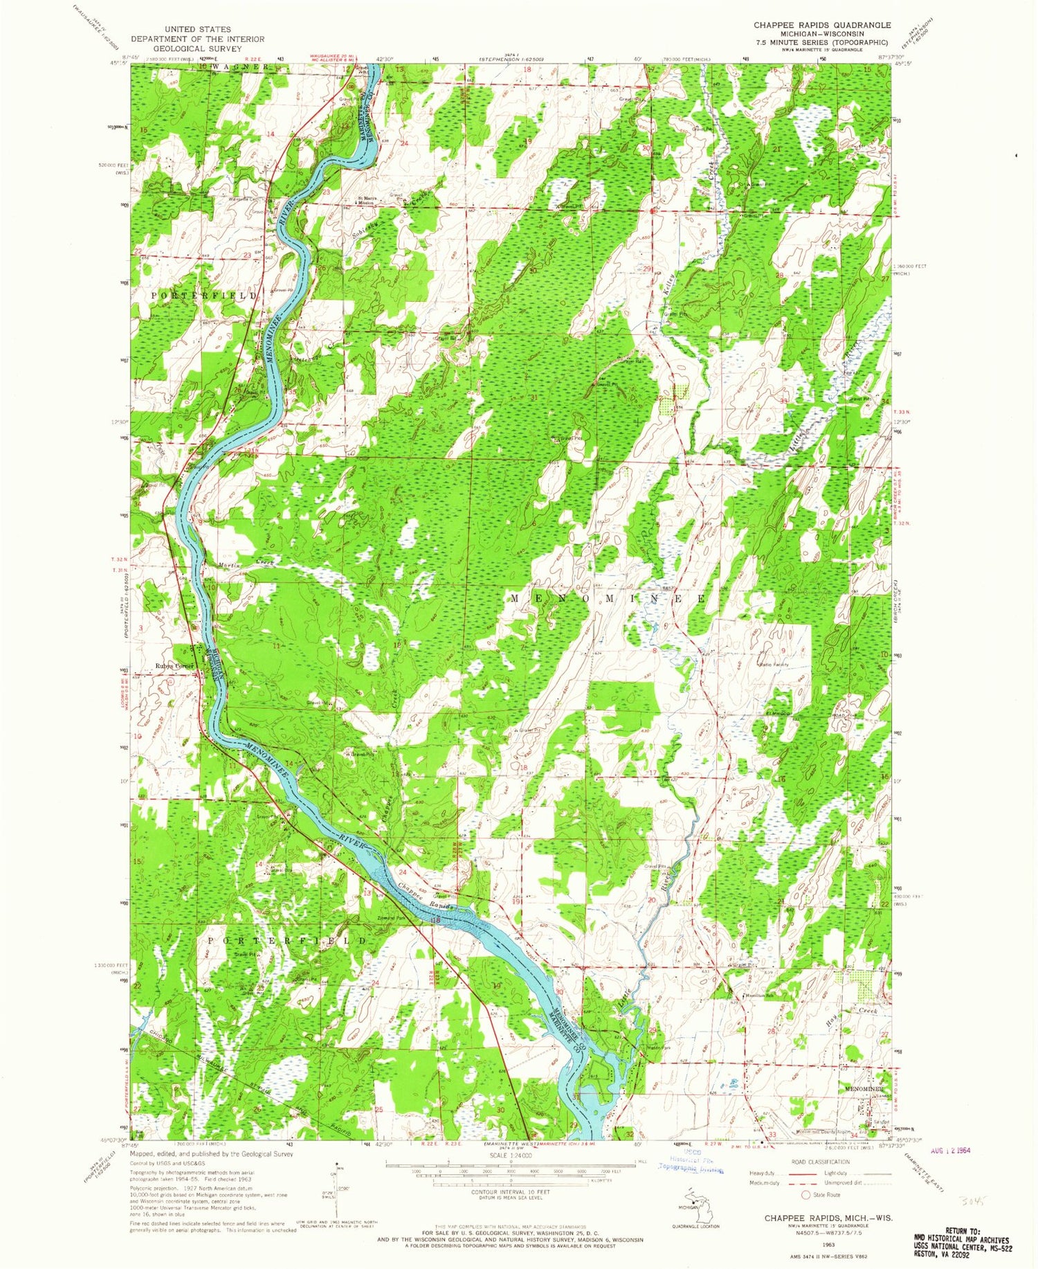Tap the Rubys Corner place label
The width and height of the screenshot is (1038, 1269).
[175, 666]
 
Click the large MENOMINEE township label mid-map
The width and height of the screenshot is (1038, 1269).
[608, 597]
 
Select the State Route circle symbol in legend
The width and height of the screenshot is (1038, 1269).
[805, 1194]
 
